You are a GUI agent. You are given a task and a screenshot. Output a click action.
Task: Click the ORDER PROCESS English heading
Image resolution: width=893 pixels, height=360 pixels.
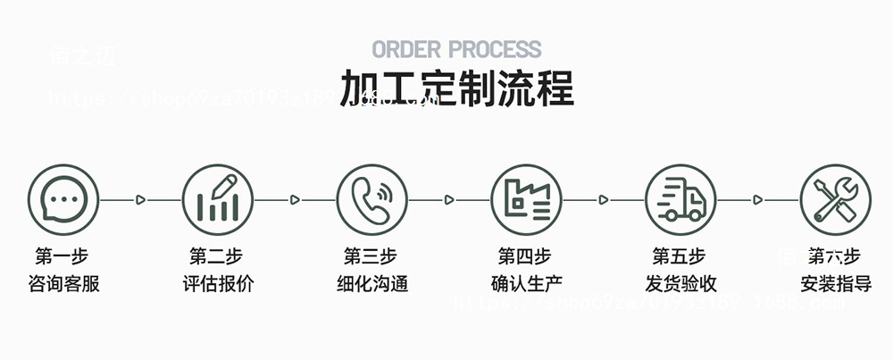pyautogui.click(x=456, y=49)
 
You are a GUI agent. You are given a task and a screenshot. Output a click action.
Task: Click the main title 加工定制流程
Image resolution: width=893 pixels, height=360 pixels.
pyautogui.click(x=456, y=88)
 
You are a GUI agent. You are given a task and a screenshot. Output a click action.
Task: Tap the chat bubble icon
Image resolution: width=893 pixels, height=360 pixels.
pyautogui.click(x=63, y=199)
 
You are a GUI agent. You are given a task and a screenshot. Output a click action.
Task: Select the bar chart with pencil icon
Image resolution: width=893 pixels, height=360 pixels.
pyautogui.click(x=218, y=199)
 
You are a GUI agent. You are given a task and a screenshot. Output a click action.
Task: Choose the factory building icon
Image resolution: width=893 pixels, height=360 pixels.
pyautogui.click(x=527, y=199)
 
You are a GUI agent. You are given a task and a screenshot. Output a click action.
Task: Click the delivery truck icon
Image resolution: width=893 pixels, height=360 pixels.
pyautogui.click(x=681, y=199)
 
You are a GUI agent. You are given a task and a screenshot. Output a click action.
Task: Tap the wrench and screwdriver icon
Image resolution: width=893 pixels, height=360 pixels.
pyautogui.click(x=836, y=199)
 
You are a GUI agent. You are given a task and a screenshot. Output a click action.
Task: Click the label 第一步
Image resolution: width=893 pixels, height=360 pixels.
pyautogui.click(x=63, y=257)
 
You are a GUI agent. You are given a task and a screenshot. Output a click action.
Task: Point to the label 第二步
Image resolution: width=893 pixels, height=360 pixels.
pyautogui.click(x=217, y=257)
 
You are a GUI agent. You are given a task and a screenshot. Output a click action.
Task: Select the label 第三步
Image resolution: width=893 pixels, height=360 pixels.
pyautogui.click(x=371, y=257)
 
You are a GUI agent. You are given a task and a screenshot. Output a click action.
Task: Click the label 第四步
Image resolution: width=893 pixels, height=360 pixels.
pyautogui.click(x=526, y=257)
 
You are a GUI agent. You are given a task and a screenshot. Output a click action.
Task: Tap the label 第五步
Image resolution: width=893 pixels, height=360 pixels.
pyautogui.click(x=680, y=257)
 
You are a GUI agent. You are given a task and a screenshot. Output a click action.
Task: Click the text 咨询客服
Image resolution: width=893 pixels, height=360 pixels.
pyautogui.click(x=63, y=285)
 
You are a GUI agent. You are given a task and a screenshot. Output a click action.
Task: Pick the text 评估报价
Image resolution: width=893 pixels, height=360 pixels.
pyautogui.click(x=217, y=285)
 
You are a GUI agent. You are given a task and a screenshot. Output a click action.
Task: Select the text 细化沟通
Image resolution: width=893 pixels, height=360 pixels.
pyautogui.click(x=371, y=285)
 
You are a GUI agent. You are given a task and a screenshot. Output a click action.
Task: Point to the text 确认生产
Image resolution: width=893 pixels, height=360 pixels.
pyautogui.click(x=526, y=285)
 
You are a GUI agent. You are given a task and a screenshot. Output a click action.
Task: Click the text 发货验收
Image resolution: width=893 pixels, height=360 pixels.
pyautogui.click(x=680, y=285)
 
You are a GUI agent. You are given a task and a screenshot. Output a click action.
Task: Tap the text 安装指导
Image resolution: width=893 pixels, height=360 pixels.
pyautogui.click(x=836, y=285)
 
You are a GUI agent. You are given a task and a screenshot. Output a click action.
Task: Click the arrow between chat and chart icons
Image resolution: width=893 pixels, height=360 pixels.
pyautogui.click(x=140, y=200)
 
